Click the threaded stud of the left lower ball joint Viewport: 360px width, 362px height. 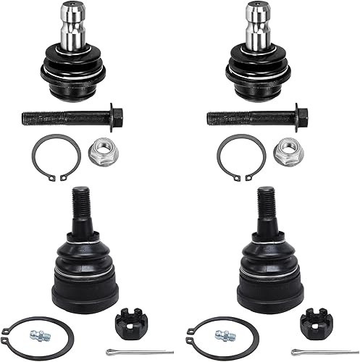coord(80,203)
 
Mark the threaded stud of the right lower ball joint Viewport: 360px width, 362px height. coord(265,203)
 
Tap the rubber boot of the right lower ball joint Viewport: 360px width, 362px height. coord(267,250)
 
